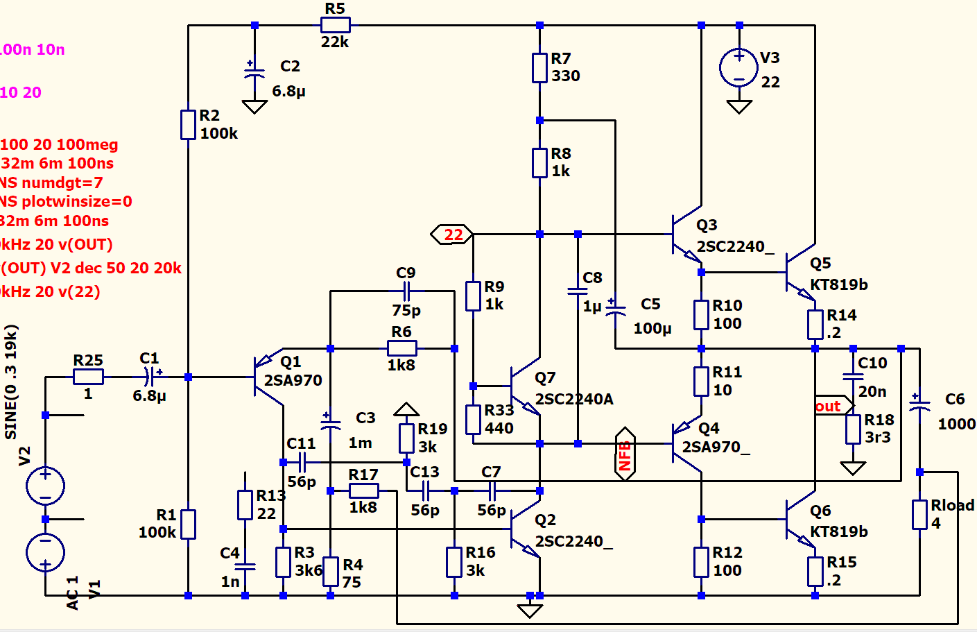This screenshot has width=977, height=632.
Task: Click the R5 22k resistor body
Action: click(x=335, y=26)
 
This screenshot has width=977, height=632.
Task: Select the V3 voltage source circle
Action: click(x=739, y=68)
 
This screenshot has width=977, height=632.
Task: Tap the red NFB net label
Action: click(x=625, y=454)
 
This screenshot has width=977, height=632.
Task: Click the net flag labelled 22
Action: click(x=452, y=234)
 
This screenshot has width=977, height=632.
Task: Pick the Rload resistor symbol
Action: click(x=919, y=514)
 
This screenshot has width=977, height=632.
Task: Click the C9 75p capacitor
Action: click(x=406, y=291)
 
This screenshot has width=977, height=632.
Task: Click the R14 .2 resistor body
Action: click(x=815, y=324)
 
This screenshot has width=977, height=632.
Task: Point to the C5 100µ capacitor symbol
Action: click(x=615, y=309)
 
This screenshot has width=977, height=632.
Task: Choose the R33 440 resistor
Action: click(x=473, y=419)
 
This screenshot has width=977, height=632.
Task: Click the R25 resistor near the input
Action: click(x=88, y=377)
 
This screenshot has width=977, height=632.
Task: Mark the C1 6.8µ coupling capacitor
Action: click(x=150, y=377)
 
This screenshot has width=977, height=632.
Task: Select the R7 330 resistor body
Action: click(x=539, y=67)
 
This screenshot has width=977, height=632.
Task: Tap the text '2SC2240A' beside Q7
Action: click(x=573, y=399)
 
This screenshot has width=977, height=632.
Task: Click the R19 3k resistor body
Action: click(x=406, y=438)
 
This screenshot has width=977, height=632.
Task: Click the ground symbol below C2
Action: click(x=254, y=107)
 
